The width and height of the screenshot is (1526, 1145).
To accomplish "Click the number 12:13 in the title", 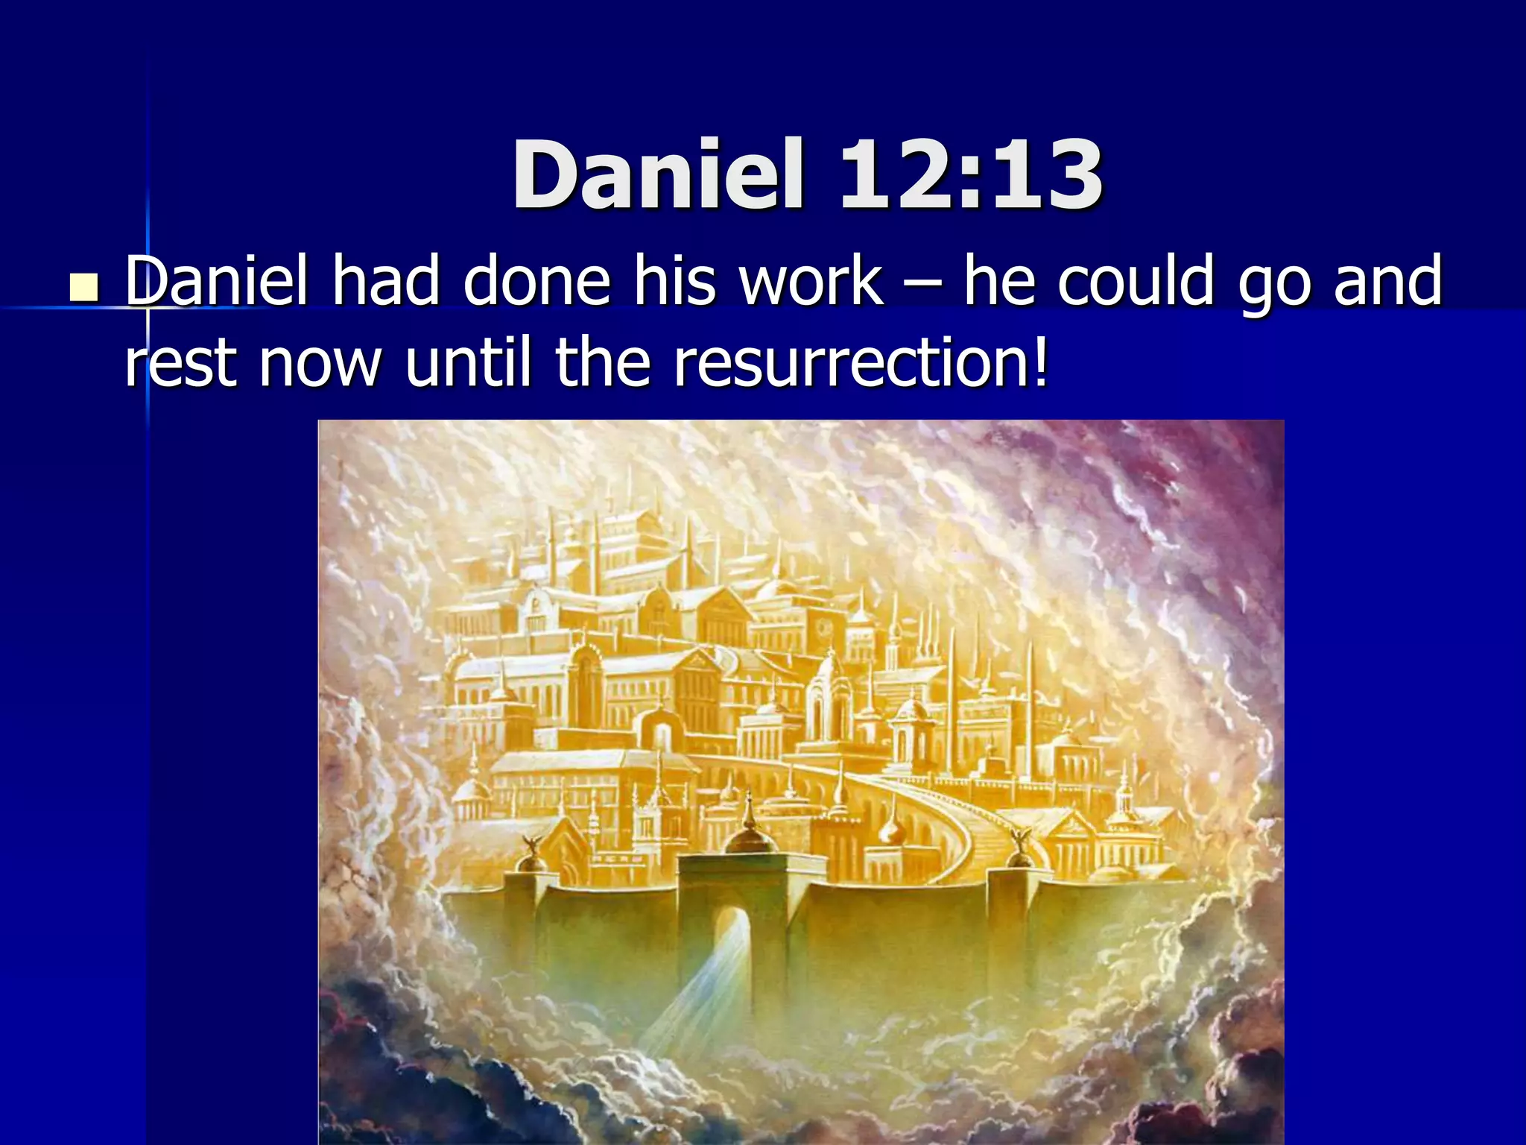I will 970,176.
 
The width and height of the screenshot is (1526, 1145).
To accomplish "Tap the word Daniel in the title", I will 659,176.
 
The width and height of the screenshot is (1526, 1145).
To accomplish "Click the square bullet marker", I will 83,288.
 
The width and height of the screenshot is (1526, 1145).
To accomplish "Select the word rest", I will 180,363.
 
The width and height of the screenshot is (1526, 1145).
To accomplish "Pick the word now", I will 320,363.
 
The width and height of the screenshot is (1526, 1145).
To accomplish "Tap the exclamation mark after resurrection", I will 1040,363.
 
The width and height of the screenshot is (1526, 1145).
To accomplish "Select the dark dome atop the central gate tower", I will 750,839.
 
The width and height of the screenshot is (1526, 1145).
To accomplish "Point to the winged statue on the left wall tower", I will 534,846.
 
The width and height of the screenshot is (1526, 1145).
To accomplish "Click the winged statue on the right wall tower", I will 1018,842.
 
